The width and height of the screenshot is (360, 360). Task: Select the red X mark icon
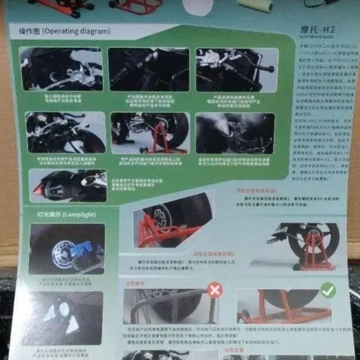pyautogui.click(x=214, y=289)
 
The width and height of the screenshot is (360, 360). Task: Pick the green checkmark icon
pyautogui.click(x=328, y=290)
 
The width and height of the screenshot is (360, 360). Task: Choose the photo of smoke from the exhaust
pyautogui.click(x=234, y=132)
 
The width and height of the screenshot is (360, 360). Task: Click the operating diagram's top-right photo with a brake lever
pyautogui.click(x=237, y=69)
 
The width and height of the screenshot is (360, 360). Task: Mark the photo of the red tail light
pyautogui.click(x=67, y=185)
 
